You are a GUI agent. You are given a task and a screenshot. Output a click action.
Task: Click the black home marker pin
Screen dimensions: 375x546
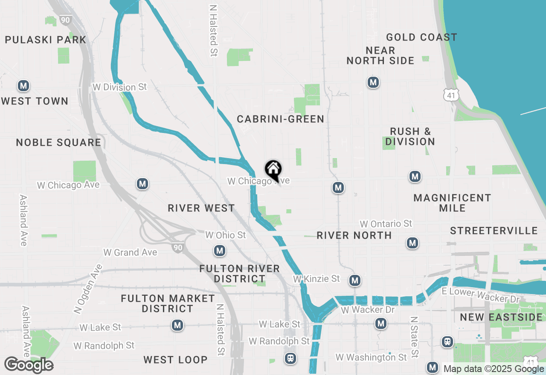[x=273, y=170]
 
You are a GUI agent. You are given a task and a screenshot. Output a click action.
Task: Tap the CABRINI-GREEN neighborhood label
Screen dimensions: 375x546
[x=280, y=119]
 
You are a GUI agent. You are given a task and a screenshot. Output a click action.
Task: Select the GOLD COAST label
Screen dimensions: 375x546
[x=421, y=37]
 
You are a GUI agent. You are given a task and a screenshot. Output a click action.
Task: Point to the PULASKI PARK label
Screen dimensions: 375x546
[x=45, y=40]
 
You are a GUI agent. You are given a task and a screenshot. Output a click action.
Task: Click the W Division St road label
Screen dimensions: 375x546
[x=119, y=87]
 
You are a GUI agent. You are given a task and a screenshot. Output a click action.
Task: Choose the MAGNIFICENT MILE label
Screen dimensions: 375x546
[x=452, y=203]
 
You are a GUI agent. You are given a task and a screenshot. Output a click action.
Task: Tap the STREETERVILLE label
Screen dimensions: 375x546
[x=494, y=231]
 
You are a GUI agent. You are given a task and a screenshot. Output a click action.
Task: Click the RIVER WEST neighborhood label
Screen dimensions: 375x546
[x=201, y=208]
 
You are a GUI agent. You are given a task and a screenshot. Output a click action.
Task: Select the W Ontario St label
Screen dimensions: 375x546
[x=386, y=224]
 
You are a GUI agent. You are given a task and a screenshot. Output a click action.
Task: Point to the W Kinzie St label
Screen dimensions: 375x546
[x=316, y=279]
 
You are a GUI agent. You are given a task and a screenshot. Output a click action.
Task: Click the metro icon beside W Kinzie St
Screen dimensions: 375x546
[x=354, y=280]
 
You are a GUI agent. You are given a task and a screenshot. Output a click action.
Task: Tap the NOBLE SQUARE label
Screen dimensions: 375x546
[x=58, y=142]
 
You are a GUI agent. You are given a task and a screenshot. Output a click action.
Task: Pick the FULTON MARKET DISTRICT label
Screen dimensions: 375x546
[x=168, y=303]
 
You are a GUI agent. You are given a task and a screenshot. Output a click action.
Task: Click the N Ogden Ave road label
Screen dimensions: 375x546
[x=88, y=289]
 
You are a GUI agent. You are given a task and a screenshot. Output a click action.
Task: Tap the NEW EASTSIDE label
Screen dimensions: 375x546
[x=501, y=317]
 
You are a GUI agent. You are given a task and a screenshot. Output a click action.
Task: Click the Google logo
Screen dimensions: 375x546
[x=29, y=365]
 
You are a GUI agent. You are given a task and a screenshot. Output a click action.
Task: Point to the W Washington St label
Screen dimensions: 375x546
[x=371, y=357]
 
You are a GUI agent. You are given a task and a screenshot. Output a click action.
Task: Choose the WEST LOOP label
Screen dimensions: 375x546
[x=175, y=360]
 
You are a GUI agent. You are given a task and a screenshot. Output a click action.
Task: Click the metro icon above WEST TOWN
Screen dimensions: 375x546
[x=23, y=86]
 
